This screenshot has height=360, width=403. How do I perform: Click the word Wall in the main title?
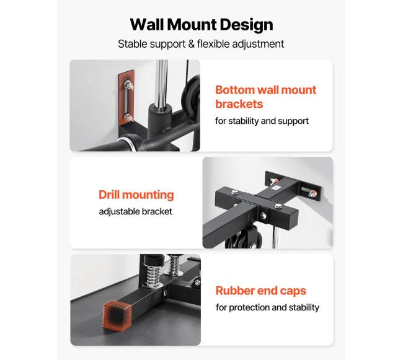coord(148,25)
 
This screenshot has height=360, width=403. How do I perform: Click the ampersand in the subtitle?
coord(191,44)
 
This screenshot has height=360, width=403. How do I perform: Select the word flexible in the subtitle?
coord(213,44)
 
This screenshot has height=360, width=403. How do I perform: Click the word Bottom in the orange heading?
coord(235,90)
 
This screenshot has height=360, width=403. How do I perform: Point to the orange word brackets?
coord(239,104)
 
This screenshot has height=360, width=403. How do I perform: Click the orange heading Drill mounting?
coord(136,195)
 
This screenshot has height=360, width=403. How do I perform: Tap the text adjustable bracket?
coord(135,211)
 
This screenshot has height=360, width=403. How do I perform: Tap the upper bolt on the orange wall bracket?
coord(128,84)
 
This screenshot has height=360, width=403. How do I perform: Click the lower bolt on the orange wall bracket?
coord(128,118)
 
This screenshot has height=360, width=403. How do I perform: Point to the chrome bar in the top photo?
coord(161,82)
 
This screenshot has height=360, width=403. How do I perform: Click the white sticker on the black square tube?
coord(276,188)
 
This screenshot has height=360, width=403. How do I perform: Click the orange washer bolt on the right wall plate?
coord(312,193)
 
